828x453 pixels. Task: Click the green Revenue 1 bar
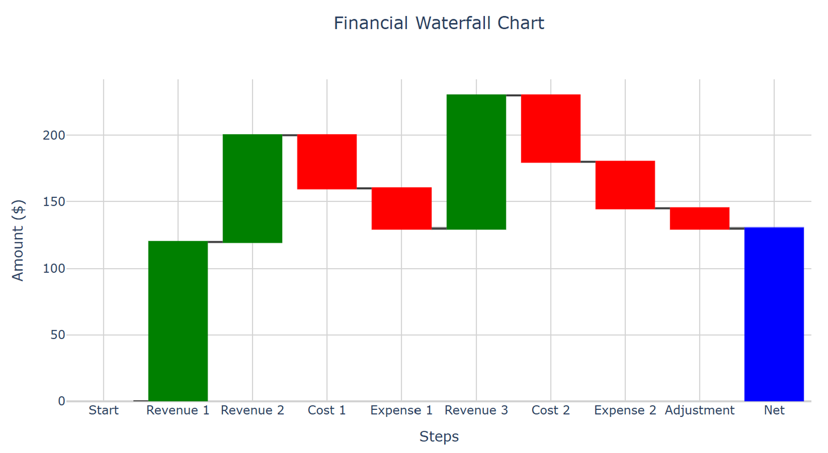coord(178,321)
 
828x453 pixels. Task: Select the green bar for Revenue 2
coord(253,188)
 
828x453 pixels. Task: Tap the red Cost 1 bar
coord(327,162)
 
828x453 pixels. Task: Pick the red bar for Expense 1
coord(402,208)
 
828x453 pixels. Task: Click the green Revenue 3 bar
coord(476,162)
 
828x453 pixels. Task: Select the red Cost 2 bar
coord(551,128)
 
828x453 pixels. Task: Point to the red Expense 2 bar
coord(625,185)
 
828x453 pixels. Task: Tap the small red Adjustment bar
coord(700,219)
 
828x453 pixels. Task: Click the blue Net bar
coord(774,314)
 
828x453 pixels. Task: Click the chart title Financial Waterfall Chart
coord(439,24)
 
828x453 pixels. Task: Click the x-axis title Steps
coord(439,436)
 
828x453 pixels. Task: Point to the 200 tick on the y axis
coord(53,135)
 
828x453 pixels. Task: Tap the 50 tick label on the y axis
coord(57,335)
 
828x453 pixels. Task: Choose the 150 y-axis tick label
coord(53,202)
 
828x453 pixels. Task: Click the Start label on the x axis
coord(103,410)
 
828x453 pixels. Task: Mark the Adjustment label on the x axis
coord(700,410)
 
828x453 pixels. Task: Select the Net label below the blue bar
coord(774,410)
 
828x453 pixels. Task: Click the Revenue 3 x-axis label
coord(476,410)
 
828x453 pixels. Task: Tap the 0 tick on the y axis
coord(61,402)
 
